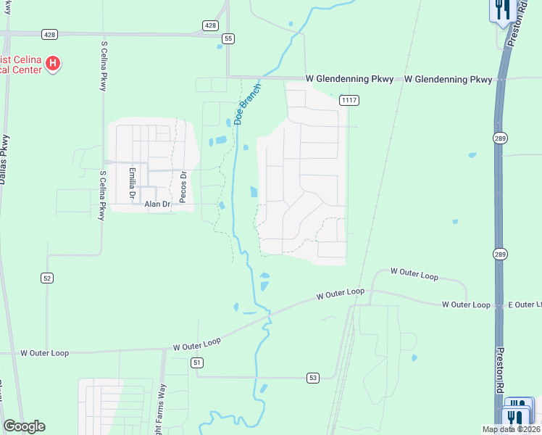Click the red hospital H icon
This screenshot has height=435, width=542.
[x=52, y=64]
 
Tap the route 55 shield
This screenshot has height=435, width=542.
[x=228, y=38]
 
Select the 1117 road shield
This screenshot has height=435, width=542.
[x=349, y=99]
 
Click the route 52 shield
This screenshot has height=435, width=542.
[x=47, y=278]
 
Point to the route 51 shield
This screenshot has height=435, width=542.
[x=196, y=361]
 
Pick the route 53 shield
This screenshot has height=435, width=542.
[x=312, y=377]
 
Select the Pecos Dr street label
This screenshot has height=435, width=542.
[x=183, y=186]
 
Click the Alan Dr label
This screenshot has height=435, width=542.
[x=157, y=204]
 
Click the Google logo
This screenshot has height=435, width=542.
[x=23, y=426]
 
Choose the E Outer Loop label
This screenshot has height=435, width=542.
[x=520, y=304]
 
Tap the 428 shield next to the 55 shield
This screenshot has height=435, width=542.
[x=209, y=25]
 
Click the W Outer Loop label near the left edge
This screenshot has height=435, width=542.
[x=45, y=353]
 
